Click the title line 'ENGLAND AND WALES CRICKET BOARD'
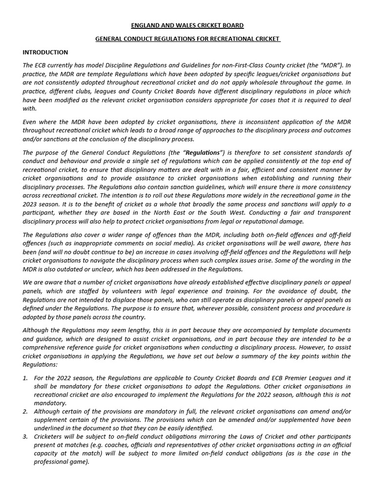(187, 25)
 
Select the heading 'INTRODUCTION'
(45, 52)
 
